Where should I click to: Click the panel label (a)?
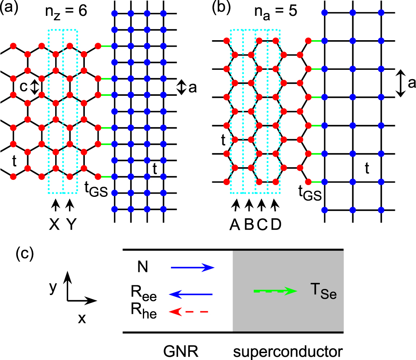coord(9,9)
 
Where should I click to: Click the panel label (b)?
coord(222,9)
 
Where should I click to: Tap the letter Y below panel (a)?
coord(71,225)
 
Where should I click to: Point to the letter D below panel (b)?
coord(276,225)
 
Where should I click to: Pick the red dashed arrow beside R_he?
coord(189,312)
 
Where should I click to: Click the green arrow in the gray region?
coord(274,291)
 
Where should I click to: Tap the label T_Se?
coord(323,293)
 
